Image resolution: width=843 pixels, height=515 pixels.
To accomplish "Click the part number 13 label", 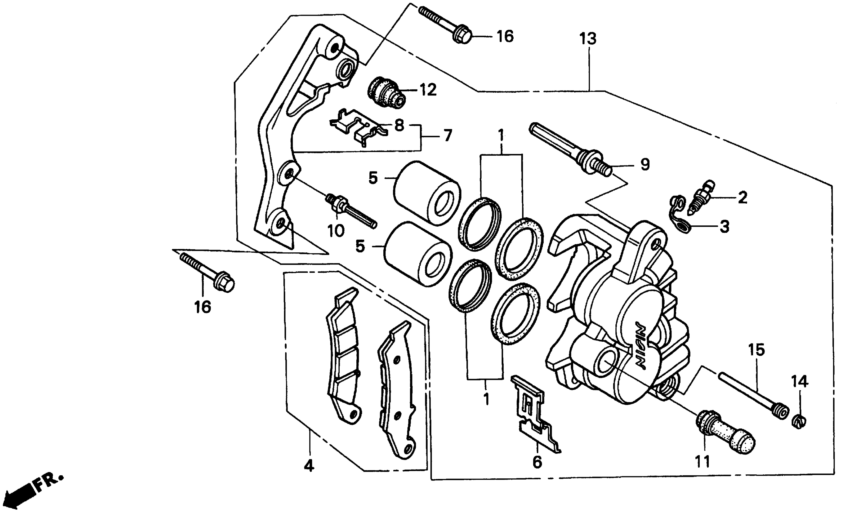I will pyautogui.click(x=588, y=39).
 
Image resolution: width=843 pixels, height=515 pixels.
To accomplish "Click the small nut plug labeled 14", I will pyautogui.click(x=799, y=422).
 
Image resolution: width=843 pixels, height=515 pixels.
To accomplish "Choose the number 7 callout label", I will pyautogui.click(x=447, y=135).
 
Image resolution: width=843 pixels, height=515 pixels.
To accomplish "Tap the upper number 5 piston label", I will pyautogui.click(x=373, y=178).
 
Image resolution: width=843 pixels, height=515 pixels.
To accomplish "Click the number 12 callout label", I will pyautogui.click(x=428, y=90).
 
